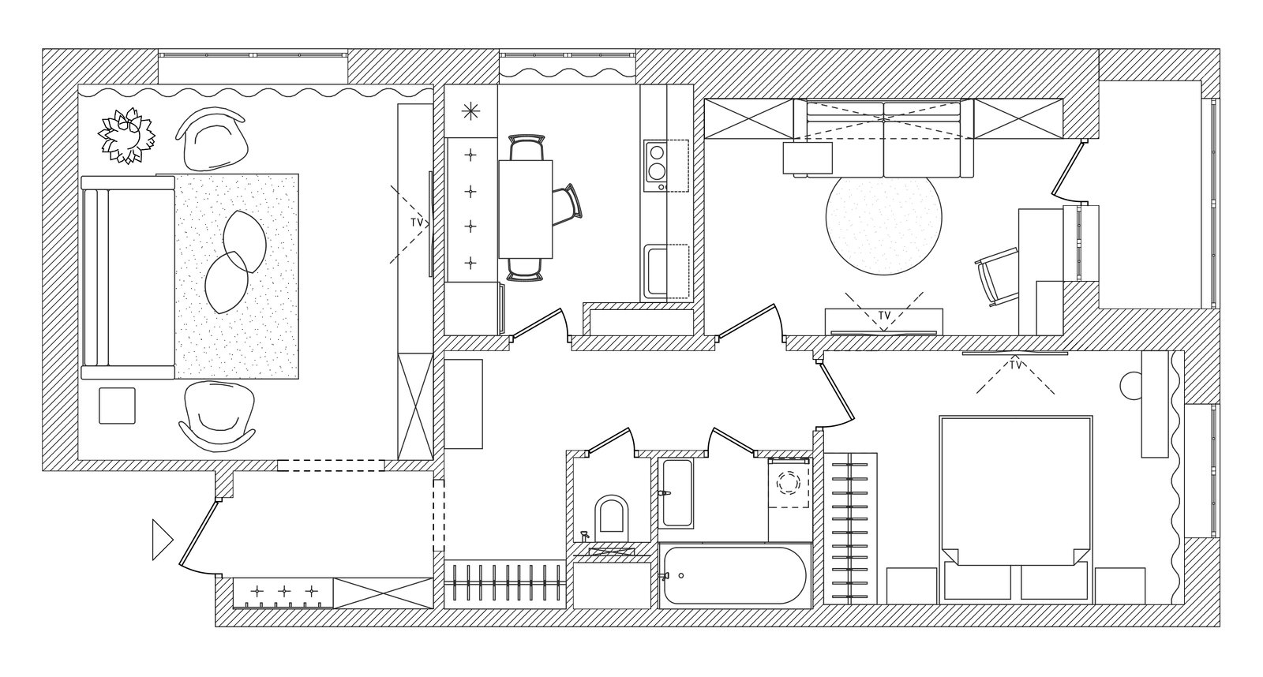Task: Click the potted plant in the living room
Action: [126, 136]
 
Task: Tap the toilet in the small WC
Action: [612, 514]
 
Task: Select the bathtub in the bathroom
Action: [735, 575]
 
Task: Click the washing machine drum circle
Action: [789, 483]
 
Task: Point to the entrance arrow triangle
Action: [163, 540]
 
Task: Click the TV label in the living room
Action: [417, 223]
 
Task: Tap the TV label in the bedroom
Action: [1015, 365]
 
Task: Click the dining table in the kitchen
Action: [525, 209]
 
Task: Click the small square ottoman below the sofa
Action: [118, 406]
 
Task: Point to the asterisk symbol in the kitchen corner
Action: [470, 111]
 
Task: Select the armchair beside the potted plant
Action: [212, 140]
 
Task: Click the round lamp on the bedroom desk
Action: [1131, 386]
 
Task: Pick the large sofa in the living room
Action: [128, 277]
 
